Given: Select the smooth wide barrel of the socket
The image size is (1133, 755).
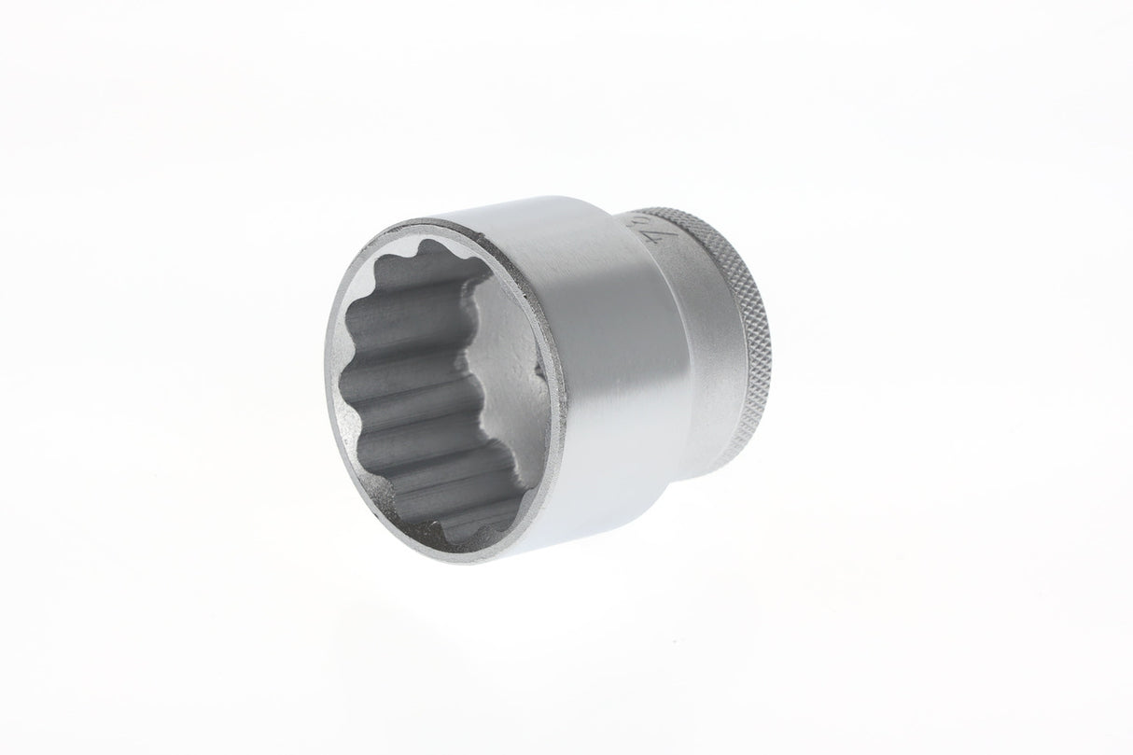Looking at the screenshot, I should (x=597, y=355).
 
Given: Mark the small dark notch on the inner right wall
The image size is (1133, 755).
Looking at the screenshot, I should (x=539, y=373).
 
